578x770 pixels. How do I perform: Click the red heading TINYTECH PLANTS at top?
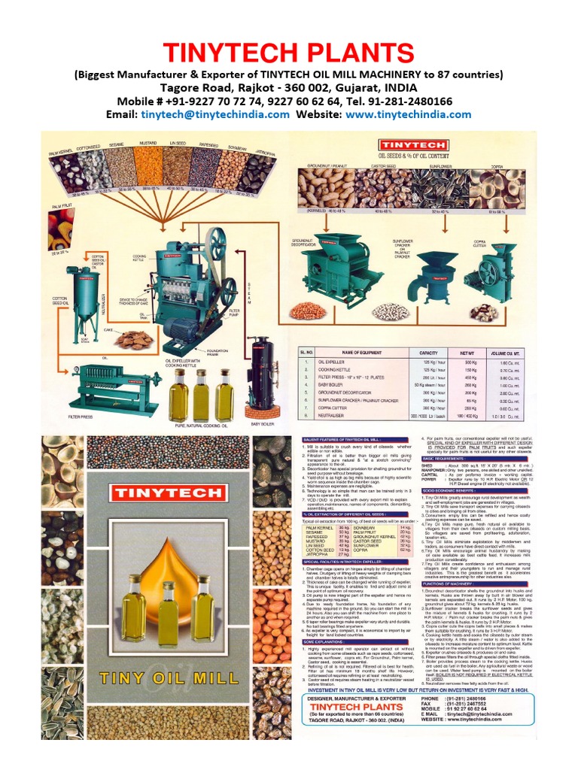pos(289,53)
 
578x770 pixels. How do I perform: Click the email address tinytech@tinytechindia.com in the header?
pos(215,114)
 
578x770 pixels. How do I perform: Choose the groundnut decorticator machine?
pos(322,271)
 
